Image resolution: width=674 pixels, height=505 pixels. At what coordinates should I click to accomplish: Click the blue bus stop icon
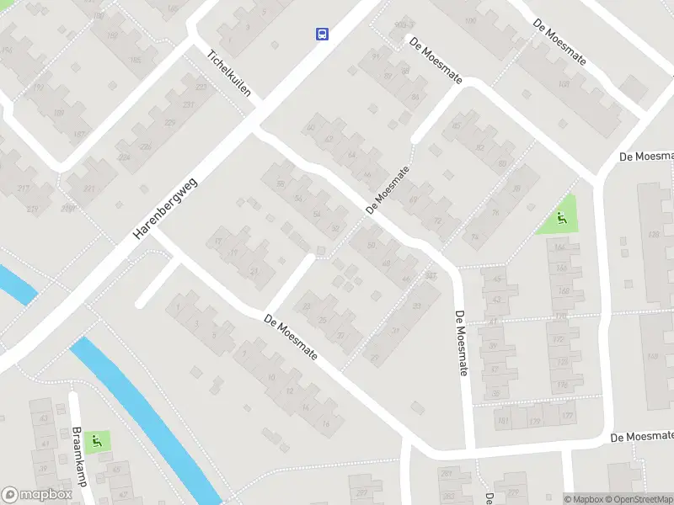pos(322,34)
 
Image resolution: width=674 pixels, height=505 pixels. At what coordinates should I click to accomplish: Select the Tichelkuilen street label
pos(230,72)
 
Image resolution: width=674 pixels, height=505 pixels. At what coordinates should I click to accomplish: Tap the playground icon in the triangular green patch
pos(560,220)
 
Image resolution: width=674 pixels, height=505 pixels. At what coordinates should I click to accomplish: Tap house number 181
pos(503,420)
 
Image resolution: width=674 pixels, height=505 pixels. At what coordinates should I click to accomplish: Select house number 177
pos(570,416)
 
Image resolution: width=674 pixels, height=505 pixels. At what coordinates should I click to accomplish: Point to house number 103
pos(564,84)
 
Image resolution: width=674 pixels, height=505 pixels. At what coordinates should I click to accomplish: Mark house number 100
pos(469,20)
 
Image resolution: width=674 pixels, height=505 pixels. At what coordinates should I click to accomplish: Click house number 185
pos(135,60)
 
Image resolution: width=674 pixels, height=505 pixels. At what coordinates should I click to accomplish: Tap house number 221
pos(88,188)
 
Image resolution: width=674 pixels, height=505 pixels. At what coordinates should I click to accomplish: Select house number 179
pos(534,420)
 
